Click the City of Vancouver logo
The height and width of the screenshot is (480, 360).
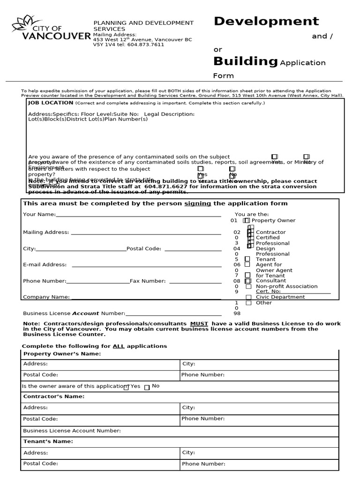click(x=51, y=29)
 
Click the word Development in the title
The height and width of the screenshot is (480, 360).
click(x=266, y=21)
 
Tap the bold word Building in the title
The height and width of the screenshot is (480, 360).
click(x=245, y=61)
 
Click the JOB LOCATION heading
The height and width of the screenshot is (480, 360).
click(x=50, y=103)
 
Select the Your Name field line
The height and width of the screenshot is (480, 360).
click(x=138, y=215)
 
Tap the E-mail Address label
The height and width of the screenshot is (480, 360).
click(x=45, y=265)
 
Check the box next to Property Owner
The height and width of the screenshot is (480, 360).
click(x=247, y=220)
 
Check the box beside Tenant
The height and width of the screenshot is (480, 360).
click(x=247, y=259)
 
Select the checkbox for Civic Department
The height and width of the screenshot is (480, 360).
click(x=248, y=297)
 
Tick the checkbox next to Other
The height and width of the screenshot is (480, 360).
click(x=248, y=303)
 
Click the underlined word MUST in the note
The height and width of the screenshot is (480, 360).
click(x=198, y=324)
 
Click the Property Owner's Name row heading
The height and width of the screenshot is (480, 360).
click(x=62, y=354)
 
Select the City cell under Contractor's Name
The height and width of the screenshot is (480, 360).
click(x=259, y=408)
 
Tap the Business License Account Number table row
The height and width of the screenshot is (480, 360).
click(x=180, y=430)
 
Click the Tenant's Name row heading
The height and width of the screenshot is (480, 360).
click(x=48, y=442)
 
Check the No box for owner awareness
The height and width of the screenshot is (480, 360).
click(x=147, y=387)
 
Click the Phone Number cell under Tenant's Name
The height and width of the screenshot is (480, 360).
click(x=259, y=464)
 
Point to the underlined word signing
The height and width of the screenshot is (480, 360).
click(x=197, y=204)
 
